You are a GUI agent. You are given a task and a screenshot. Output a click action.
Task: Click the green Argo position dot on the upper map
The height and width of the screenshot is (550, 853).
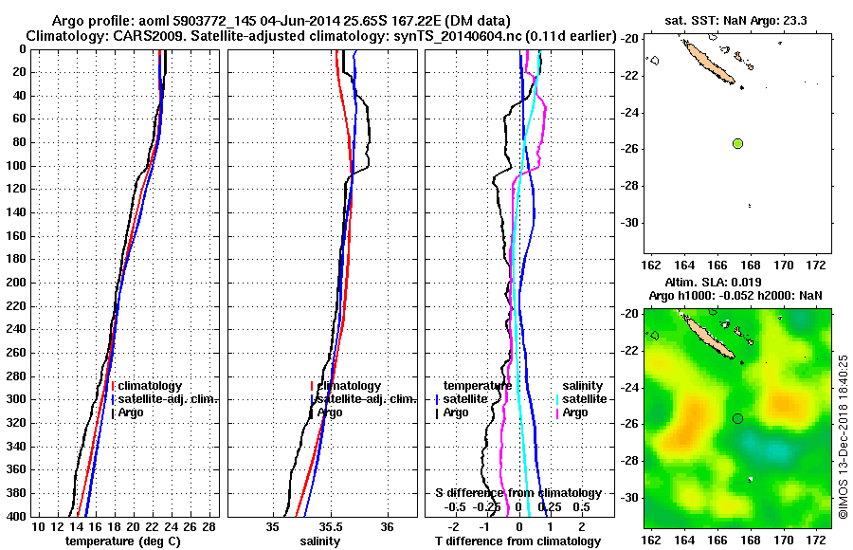pyautogui.click(x=737, y=143)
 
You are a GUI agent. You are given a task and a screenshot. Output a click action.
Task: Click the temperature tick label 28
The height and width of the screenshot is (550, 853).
pyautogui.click(x=209, y=526)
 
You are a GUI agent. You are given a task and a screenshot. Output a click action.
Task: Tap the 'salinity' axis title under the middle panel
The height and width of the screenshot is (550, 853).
pyautogui.click(x=320, y=541)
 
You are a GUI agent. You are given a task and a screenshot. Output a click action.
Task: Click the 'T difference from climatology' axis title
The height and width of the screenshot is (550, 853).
pyautogui.click(x=517, y=541)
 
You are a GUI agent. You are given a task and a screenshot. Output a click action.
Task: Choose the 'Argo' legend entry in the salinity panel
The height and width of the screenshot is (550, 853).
pyautogui.click(x=331, y=412)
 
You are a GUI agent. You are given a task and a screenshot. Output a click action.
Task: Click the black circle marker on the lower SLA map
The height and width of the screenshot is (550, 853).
pyautogui.click(x=737, y=418)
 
